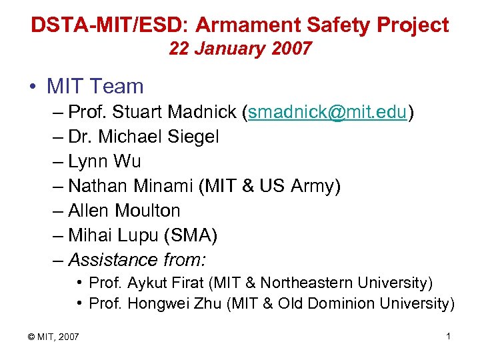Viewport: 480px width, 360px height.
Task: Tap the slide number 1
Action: point(449,336)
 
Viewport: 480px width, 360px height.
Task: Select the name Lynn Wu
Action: point(105,162)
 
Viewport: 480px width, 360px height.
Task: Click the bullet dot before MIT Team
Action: point(33,87)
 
